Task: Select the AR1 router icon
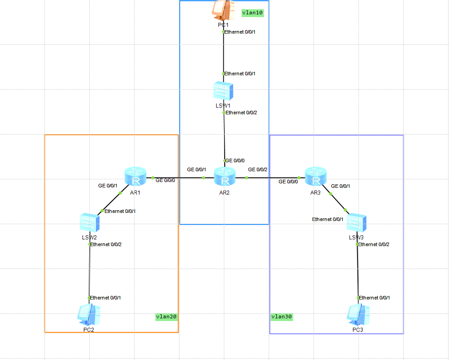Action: pyautogui.click(x=135, y=176)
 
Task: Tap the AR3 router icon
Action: pyautogui.click(x=316, y=176)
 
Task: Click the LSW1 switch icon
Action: pyautogui.click(x=223, y=91)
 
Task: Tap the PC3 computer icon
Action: pyautogui.click(x=358, y=315)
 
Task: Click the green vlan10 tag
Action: pyautogui.click(x=252, y=13)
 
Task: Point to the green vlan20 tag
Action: pyautogui.click(x=166, y=317)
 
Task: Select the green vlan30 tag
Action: pyautogui.click(x=282, y=317)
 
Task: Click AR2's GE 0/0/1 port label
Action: pyautogui.click(x=196, y=169)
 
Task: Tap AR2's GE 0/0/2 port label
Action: pyautogui.click(x=257, y=169)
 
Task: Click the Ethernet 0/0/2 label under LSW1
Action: pyautogui.click(x=242, y=113)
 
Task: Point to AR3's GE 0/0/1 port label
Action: pyautogui.click(x=340, y=186)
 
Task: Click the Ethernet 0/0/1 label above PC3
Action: pyautogui.click(x=375, y=298)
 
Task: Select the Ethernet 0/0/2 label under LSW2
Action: pyautogui.click(x=106, y=244)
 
